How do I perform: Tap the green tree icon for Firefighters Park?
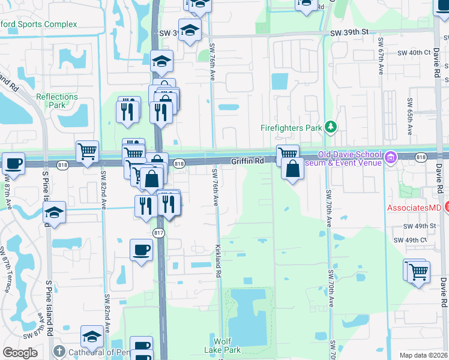[330, 127]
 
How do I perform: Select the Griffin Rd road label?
[248, 161]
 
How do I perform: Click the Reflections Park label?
[57, 101]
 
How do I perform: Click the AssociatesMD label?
[414, 208]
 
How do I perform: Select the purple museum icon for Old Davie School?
[391, 158]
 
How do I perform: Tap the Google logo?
[20, 353]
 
